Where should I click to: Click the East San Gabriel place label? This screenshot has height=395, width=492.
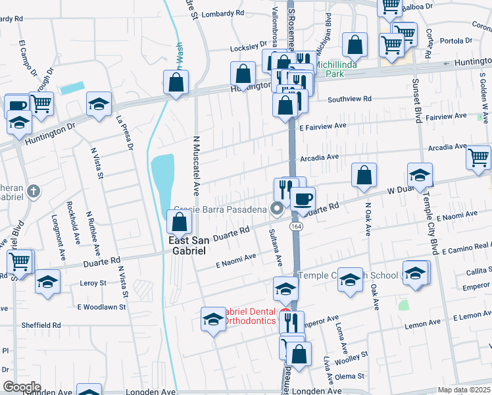(189, 246)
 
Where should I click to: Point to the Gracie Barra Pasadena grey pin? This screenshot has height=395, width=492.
(277, 211)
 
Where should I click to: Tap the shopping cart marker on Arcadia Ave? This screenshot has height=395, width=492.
(478, 157)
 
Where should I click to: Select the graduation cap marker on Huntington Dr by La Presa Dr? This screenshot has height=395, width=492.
(99, 104)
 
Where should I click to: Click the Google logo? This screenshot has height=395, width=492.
(21, 386)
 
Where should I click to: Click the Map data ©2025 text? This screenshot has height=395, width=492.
(464, 390)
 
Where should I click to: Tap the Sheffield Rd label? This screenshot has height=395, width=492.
(41, 325)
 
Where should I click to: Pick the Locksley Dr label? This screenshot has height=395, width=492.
(247, 49)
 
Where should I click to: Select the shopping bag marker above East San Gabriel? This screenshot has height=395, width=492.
(180, 223)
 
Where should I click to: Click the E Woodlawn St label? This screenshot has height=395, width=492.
(101, 307)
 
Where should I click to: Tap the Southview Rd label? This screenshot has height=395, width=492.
(350, 99)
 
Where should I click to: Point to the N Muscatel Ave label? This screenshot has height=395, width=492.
(195, 167)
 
